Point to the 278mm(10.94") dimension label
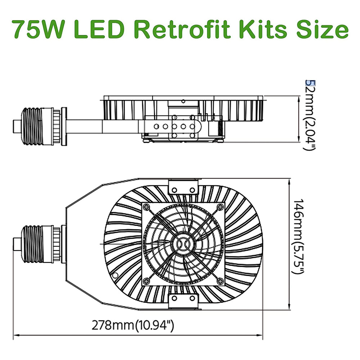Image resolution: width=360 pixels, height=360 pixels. coord(133,327)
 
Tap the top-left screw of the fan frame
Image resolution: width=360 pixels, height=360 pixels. coord(147,207)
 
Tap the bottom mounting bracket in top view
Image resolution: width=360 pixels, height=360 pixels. coord(184,301)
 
